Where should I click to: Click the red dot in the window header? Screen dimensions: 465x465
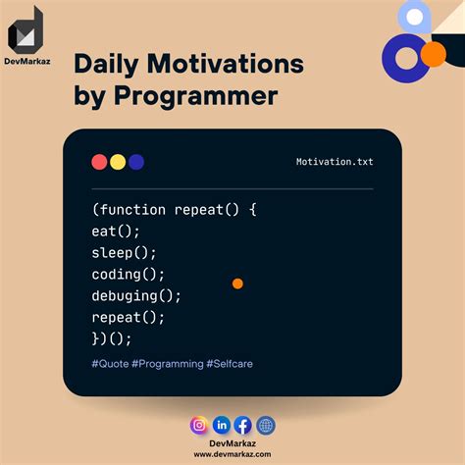99,162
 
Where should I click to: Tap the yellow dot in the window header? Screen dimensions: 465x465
118,162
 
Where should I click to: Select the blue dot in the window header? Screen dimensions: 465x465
136,162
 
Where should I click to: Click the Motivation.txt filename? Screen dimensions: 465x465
334,162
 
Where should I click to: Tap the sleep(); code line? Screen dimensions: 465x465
125,252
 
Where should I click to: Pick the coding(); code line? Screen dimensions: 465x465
129,274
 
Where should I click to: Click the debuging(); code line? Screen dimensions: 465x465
136,295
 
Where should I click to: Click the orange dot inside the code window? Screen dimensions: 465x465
237,284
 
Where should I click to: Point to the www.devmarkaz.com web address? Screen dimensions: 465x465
232,454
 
